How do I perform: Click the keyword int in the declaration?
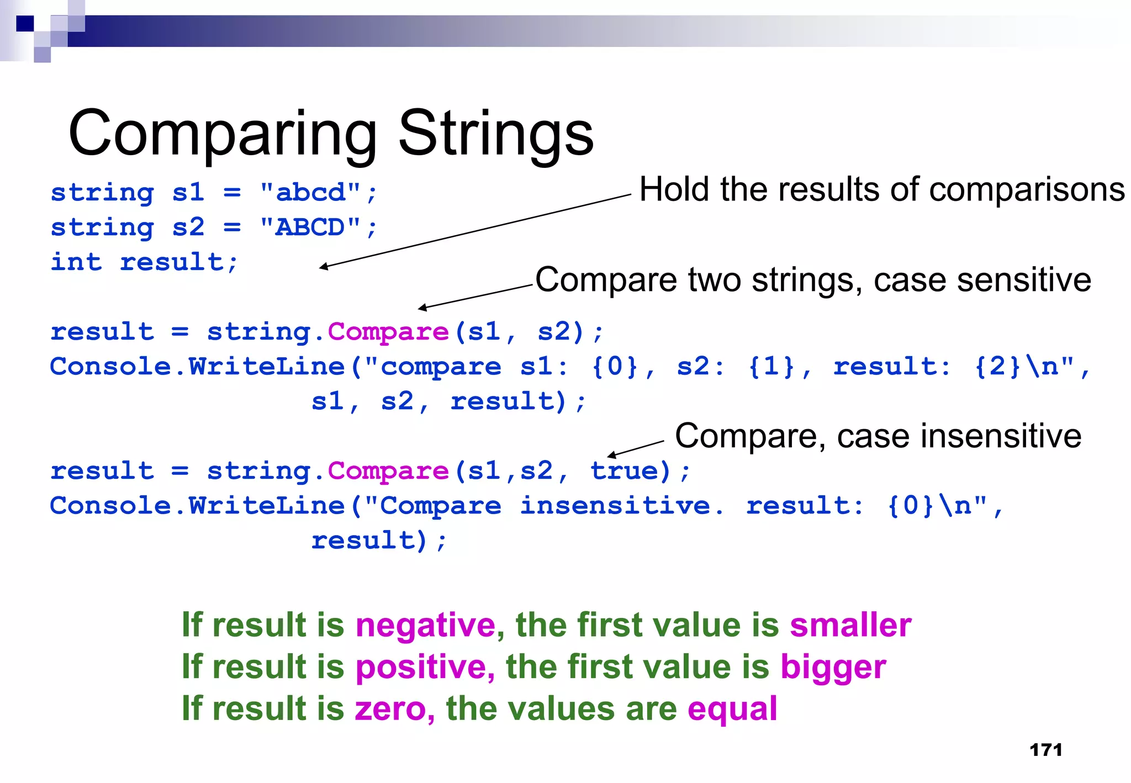tap(76, 262)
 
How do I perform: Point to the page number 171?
tap(1046, 750)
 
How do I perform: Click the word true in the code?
tap(624, 471)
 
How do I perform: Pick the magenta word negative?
tap(426, 626)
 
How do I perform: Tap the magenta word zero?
tap(390, 709)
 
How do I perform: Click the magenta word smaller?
tap(850, 626)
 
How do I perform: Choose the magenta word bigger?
tap(833, 667)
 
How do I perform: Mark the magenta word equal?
tap(732, 709)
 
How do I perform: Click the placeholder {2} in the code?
tap(997, 367)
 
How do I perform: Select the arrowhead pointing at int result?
tap(323, 267)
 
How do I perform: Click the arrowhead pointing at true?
tap(611, 455)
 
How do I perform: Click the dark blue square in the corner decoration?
tap(25, 24)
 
